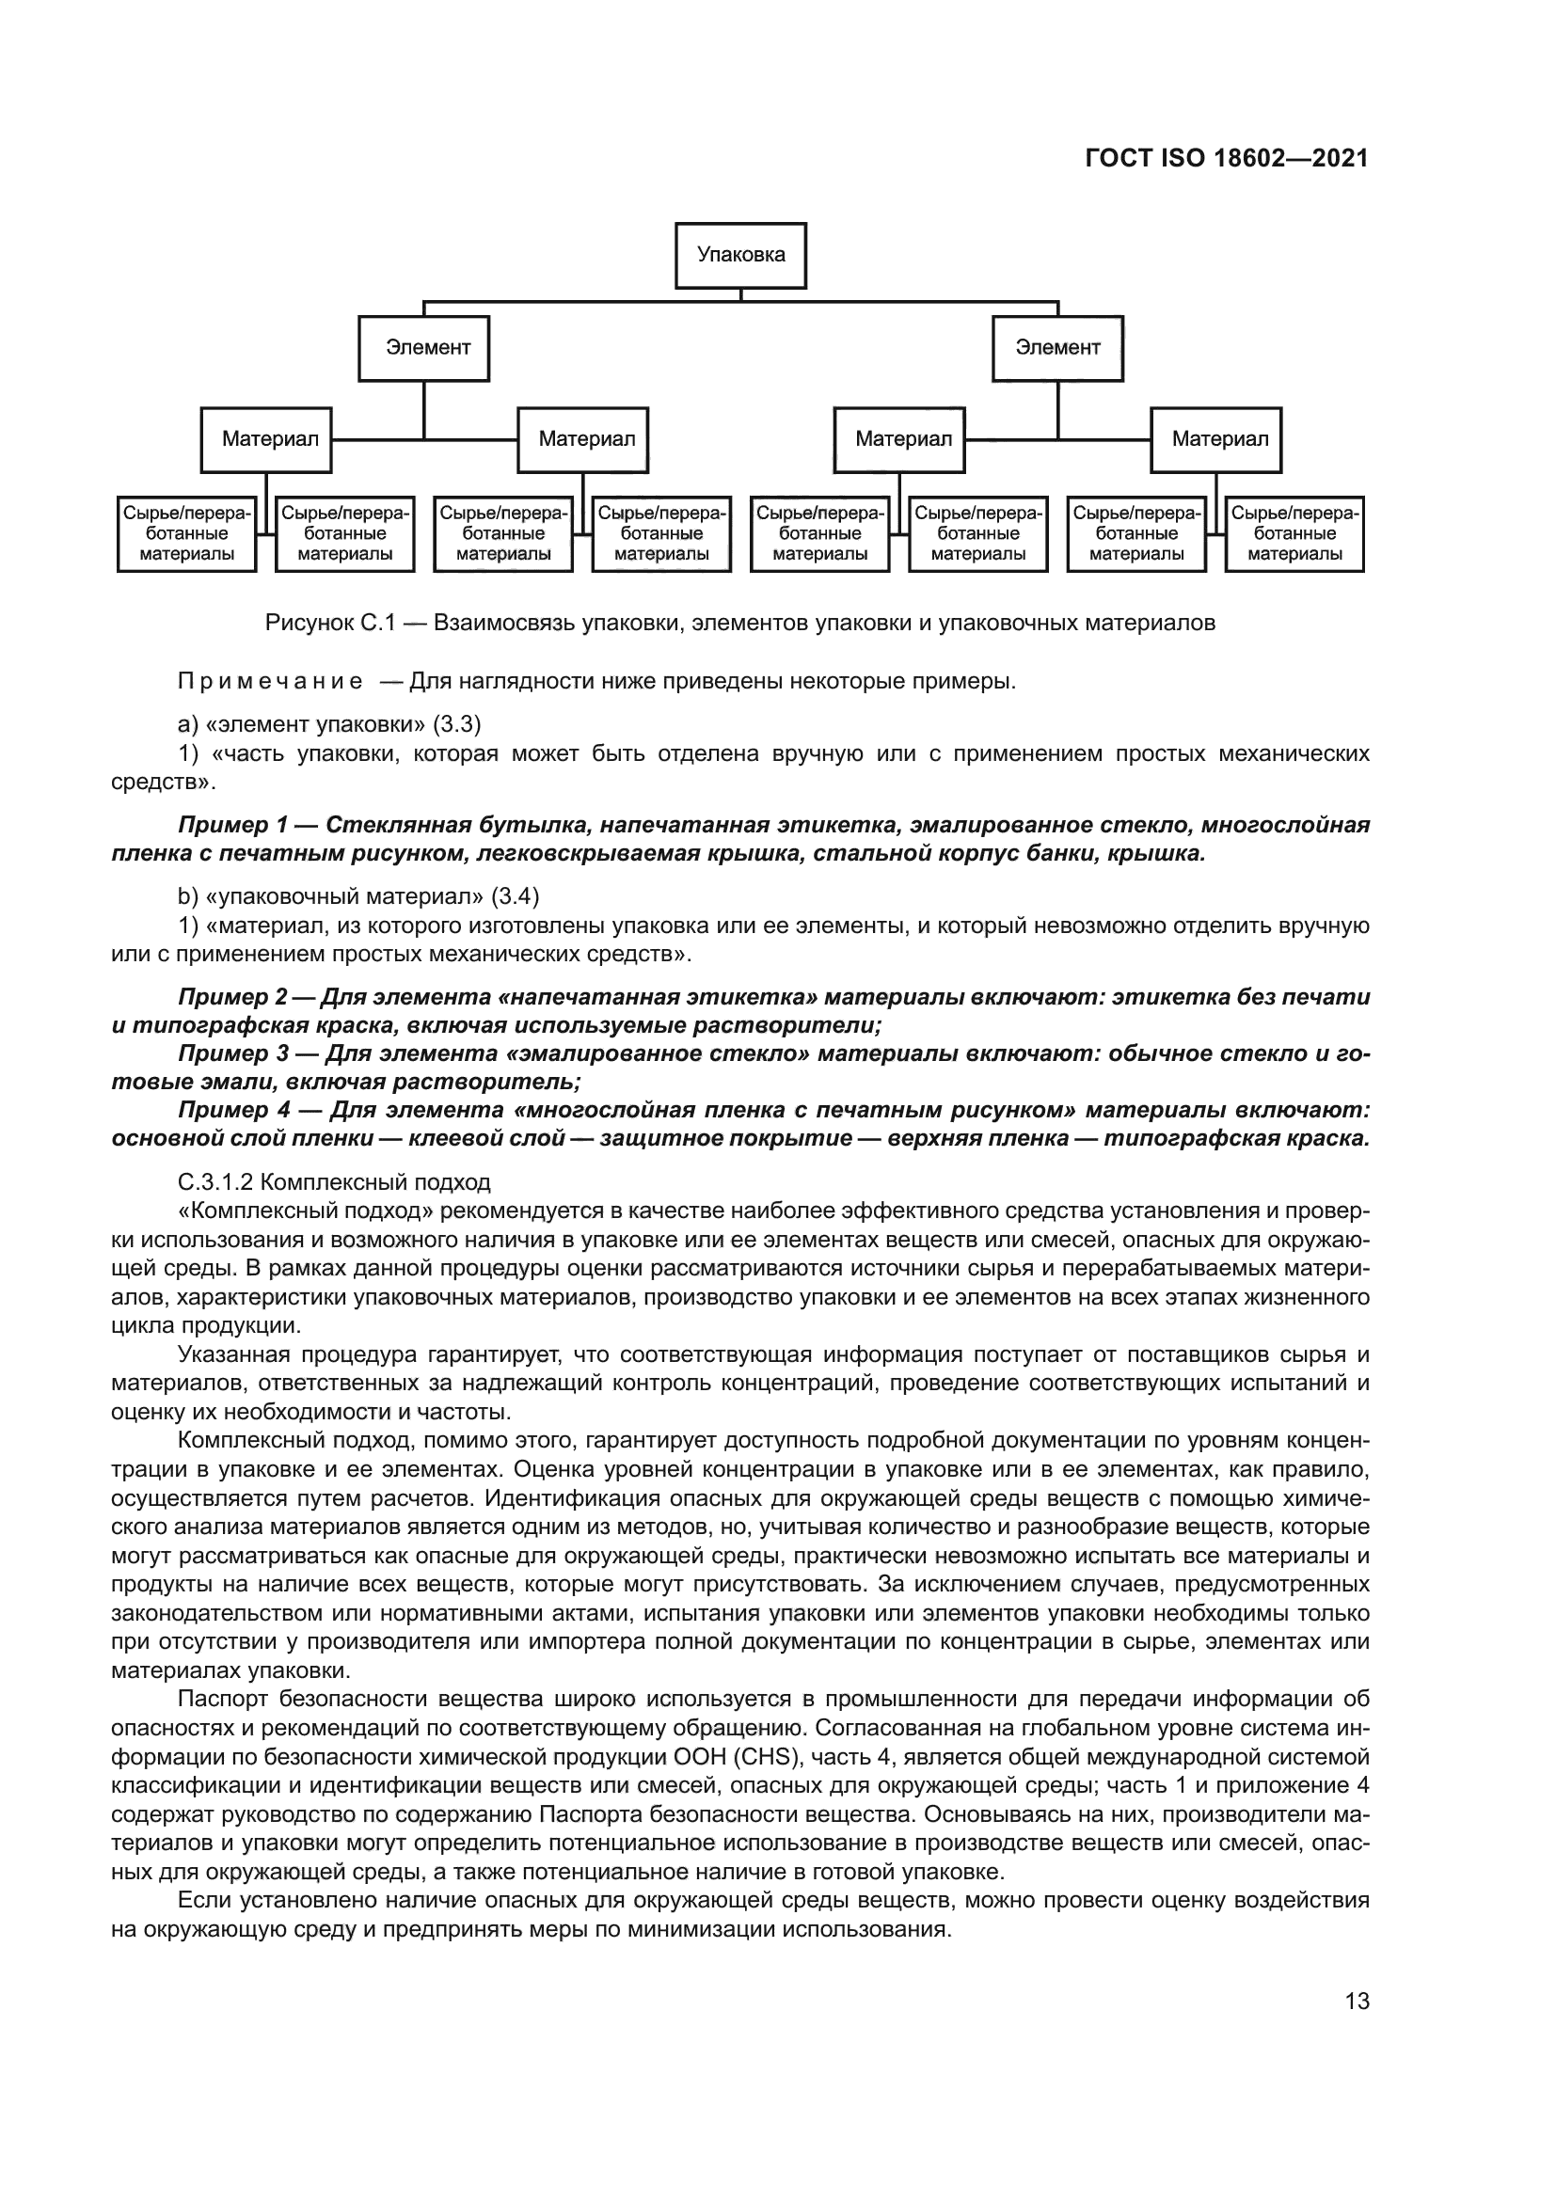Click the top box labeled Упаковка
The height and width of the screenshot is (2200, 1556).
[x=740, y=255]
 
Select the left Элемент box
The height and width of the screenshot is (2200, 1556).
[x=423, y=348]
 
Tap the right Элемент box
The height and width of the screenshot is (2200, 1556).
[x=1057, y=348]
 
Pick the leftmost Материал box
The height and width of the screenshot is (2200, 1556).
[x=266, y=440]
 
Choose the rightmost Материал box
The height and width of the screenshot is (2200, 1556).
[x=1215, y=440]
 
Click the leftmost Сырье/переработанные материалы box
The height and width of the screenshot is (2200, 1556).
[x=187, y=533]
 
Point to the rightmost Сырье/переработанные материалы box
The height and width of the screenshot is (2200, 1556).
[x=1294, y=533]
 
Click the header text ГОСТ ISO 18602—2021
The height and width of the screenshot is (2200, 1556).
[x=1227, y=159]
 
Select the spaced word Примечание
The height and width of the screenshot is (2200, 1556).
[x=270, y=682]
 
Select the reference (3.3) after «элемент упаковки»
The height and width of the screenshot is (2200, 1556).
[x=457, y=722]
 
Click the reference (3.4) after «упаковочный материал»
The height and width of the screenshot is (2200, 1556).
[x=515, y=897]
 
